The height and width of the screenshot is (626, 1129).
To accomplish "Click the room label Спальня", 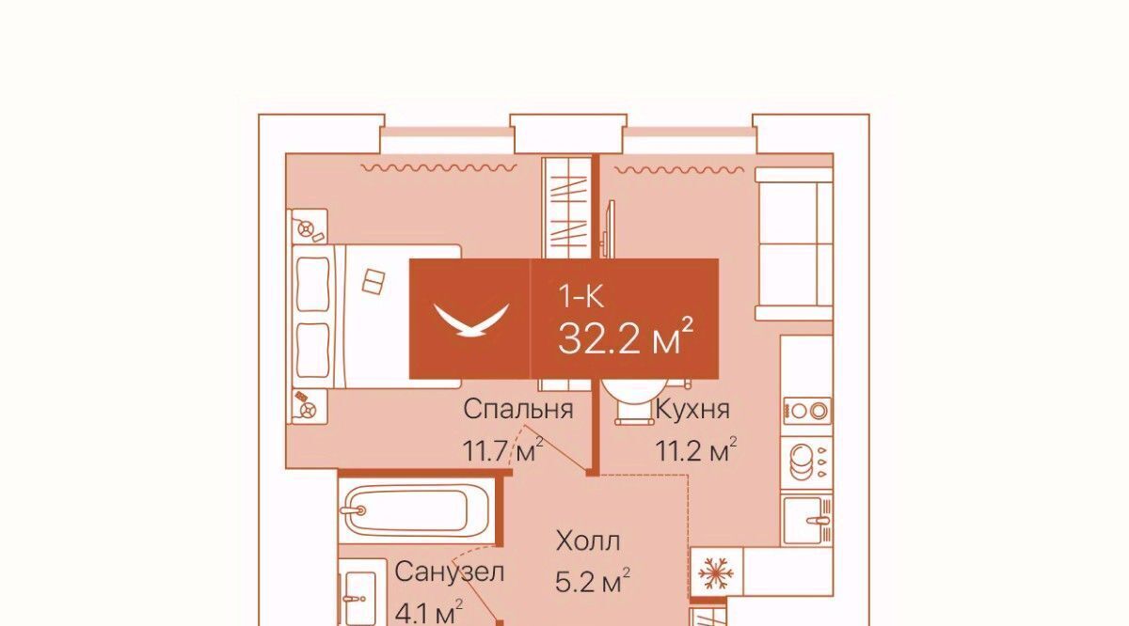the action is (518, 409).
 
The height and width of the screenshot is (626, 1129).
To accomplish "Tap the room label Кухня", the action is (692, 409).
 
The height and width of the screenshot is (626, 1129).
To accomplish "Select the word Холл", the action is (588, 541).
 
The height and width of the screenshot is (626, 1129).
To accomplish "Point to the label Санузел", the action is (449, 572).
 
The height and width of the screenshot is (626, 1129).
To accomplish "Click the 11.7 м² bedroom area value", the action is (503, 449).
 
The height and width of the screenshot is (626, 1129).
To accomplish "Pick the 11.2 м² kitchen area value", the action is (696, 449).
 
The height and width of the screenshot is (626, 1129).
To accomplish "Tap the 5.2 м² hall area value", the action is (593, 581).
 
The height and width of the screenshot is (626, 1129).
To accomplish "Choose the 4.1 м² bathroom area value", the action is (429, 612).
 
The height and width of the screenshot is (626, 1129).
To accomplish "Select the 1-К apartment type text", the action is (580, 297).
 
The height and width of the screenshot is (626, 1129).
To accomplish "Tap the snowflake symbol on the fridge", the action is (716, 573).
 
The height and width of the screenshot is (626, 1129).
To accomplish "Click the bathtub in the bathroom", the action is (416, 510).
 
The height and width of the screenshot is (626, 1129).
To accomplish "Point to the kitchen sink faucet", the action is (818, 520).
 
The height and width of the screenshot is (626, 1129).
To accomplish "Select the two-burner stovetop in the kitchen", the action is (807, 411).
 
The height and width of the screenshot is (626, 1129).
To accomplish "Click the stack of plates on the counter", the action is (802, 462).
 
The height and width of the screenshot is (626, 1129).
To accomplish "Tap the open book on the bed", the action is (374, 282).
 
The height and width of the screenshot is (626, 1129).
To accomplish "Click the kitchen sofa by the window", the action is (793, 243).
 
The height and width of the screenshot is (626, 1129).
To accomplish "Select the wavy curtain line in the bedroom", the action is (439, 167).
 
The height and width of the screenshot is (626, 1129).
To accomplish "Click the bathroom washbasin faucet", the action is (355, 599).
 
